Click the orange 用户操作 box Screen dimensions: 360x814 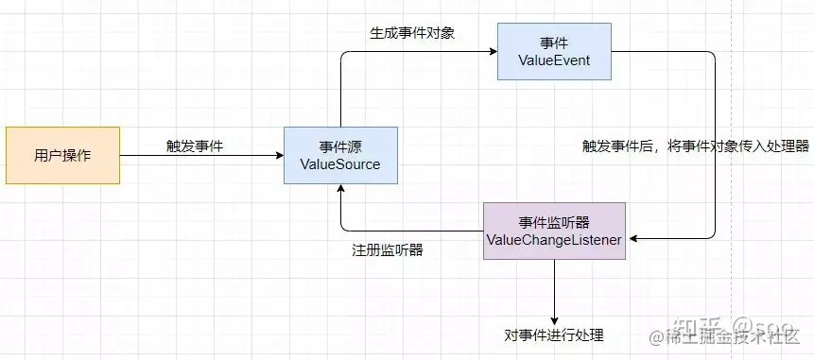63,155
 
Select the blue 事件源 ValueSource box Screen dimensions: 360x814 339,155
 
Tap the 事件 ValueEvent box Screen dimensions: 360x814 554,51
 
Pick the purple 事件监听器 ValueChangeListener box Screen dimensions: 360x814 553,231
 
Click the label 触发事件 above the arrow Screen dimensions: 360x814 194,146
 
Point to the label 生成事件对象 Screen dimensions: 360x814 412,33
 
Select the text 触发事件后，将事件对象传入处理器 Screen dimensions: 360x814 696,146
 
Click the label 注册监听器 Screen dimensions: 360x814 388,251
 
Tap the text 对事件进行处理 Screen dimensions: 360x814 554,335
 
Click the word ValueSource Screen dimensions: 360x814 339,164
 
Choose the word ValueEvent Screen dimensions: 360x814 554,60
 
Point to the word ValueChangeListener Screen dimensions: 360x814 553,241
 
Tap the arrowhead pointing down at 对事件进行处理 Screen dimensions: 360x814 554,318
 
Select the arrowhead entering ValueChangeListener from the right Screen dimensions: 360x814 631,240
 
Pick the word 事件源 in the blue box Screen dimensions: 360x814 339,146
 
